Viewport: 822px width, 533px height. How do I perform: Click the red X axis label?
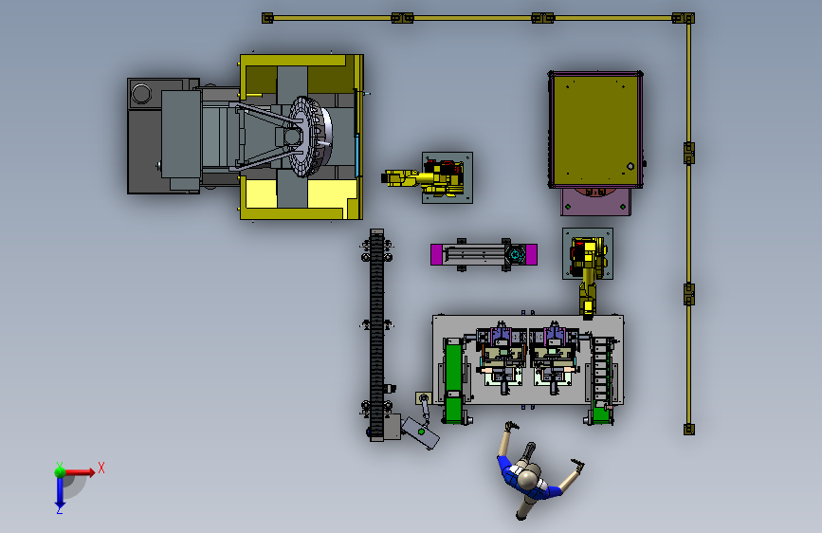101,468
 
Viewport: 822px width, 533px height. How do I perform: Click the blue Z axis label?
60,509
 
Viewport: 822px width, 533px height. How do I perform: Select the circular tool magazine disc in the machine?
309,137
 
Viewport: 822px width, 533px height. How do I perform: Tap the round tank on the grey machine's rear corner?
141,93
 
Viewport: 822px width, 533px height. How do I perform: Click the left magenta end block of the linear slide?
436,254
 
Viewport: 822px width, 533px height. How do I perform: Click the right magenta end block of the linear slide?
531,254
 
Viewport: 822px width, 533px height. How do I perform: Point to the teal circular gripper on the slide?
516,255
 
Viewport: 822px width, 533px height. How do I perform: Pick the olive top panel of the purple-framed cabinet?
595,129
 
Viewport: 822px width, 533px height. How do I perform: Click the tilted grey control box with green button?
421,432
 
